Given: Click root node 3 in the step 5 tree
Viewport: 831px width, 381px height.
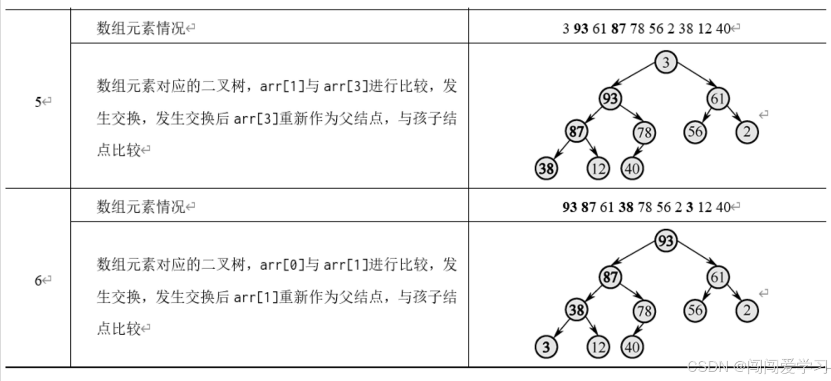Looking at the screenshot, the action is pyautogui.click(x=665, y=62).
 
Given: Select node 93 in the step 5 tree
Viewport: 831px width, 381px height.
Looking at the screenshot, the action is pyautogui.click(x=610, y=99).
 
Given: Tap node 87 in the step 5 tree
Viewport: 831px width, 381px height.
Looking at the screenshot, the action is pyautogui.click(x=576, y=132).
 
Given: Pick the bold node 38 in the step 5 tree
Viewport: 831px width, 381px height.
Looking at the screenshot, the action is pyautogui.click(x=546, y=168).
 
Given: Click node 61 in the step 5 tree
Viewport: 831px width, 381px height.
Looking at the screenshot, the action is pyautogui.click(x=717, y=99).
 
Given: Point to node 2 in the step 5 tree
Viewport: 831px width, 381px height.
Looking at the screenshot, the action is pyautogui.click(x=746, y=132).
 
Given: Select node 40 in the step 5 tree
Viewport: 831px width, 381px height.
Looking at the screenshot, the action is pyautogui.click(x=632, y=169).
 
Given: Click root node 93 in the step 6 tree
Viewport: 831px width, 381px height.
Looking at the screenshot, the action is pyautogui.click(x=665, y=241).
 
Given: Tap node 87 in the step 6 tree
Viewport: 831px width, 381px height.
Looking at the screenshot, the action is pyautogui.click(x=610, y=277).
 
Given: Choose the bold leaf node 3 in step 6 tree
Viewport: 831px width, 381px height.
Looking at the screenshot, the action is pyautogui.click(x=546, y=347).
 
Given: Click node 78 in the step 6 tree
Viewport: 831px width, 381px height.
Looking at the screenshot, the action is pyautogui.click(x=644, y=311).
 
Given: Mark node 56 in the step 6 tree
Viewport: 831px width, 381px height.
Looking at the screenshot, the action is pyautogui.click(x=695, y=310).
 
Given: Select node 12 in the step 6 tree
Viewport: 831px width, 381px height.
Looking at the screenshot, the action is pyautogui.click(x=598, y=347).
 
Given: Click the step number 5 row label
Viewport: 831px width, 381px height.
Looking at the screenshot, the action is pyautogui.click(x=38, y=102).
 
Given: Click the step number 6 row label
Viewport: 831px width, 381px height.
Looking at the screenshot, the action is pyautogui.click(x=38, y=280).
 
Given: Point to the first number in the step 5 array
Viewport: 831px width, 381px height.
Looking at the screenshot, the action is pyautogui.click(x=566, y=29).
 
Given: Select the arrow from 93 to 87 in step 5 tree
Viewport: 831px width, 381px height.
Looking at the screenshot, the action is pyautogui.click(x=593, y=115).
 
